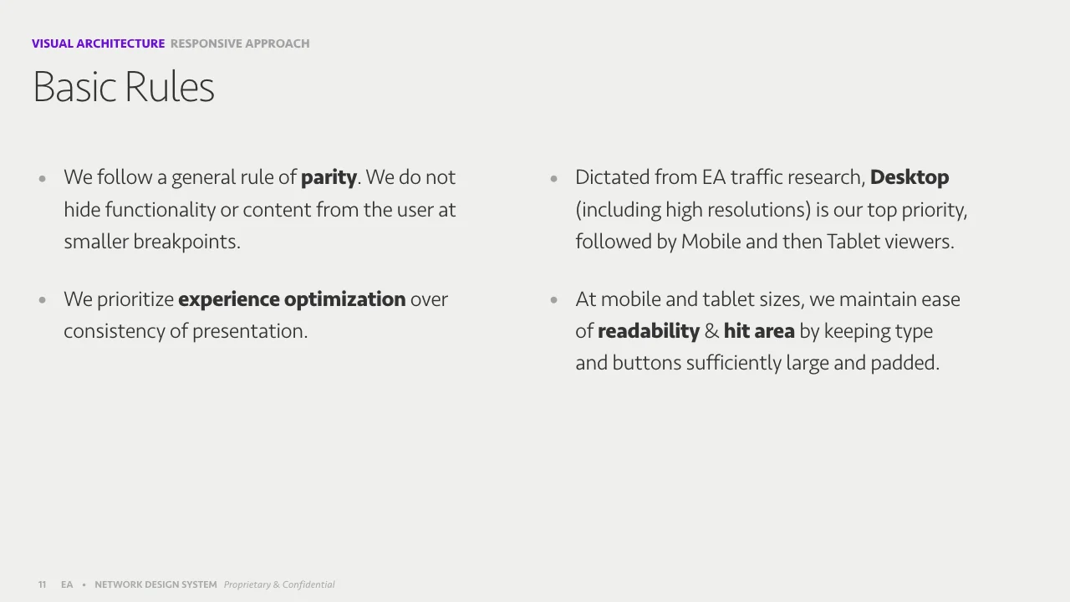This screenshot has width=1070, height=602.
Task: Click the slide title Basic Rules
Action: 123,87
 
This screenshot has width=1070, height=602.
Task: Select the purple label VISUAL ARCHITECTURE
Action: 98,43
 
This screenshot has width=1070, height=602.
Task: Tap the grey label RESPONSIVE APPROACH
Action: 240,43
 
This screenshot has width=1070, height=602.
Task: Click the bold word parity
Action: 329,178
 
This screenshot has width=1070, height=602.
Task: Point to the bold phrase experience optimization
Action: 292,299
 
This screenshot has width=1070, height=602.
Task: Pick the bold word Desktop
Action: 909,178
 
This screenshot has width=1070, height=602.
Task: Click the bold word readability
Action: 648,331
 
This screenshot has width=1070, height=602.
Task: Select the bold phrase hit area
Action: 759,331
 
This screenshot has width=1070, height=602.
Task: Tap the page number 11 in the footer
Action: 42,584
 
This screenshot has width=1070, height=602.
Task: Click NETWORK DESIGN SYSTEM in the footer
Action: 155,584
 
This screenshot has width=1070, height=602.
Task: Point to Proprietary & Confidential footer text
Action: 279,584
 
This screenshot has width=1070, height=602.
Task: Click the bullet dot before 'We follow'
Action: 42,178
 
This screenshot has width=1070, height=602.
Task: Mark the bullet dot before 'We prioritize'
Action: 42,299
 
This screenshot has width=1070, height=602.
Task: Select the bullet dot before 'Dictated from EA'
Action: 553,178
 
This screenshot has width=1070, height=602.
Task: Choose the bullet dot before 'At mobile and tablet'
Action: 553,299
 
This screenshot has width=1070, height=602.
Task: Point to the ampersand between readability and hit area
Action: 711,331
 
